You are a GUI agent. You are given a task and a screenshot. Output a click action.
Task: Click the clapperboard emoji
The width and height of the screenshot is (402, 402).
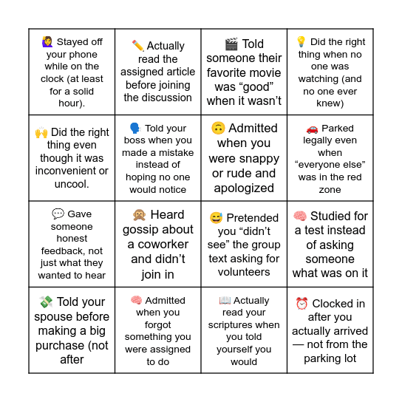coord(231,44)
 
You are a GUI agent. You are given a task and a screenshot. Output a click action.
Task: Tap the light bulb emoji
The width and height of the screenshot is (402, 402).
coord(301,42)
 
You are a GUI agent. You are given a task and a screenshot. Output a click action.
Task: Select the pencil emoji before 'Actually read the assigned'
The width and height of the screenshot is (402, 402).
coord(137,46)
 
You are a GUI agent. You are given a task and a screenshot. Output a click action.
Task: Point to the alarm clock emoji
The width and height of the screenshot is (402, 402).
coord(301,304)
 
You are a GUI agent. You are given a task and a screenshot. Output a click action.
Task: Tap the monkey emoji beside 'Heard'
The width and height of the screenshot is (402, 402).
coord(139,214)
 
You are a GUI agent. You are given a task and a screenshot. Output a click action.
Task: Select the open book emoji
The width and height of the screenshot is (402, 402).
coord(225,301)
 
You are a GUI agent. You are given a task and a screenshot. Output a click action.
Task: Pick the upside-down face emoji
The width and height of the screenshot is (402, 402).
coord(218,128)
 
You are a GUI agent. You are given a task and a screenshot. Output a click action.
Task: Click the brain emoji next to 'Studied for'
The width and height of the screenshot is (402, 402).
coord(300,217)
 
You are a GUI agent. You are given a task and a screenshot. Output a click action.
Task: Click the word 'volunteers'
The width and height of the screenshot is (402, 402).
coord(244,271)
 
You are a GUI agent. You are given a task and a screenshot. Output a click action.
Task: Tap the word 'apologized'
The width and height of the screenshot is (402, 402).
coord(244,188)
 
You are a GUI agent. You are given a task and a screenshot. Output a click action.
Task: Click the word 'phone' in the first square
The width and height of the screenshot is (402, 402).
coord(84,54)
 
